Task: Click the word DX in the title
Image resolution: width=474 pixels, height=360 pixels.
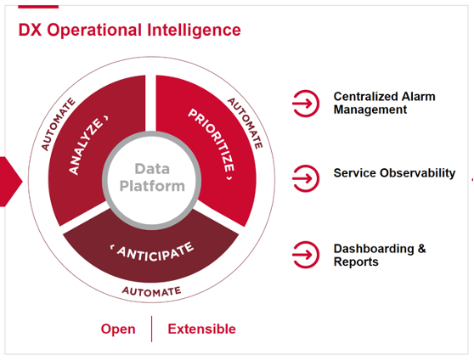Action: click(x=31, y=31)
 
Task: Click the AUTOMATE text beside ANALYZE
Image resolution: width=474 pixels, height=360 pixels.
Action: click(x=58, y=124)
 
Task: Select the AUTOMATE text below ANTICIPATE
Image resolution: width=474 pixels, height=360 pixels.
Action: click(x=152, y=291)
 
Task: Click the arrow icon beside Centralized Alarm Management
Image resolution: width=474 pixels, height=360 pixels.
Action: click(x=304, y=104)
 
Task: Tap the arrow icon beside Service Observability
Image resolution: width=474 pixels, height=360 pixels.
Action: click(x=304, y=177)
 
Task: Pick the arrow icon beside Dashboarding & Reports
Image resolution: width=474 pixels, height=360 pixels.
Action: click(x=304, y=254)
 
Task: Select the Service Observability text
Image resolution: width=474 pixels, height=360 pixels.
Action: click(x=394, y=173)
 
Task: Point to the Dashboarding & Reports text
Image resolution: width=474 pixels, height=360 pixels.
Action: click(x=380, y=255)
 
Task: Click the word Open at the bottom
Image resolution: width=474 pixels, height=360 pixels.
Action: click(x=118, y=329)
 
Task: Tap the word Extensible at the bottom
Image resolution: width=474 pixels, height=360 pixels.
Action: click(x=201, y=329)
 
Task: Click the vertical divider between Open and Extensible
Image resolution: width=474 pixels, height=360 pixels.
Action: click(x=152, y=329)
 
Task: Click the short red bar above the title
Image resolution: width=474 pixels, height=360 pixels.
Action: click(x=38, y=7)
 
